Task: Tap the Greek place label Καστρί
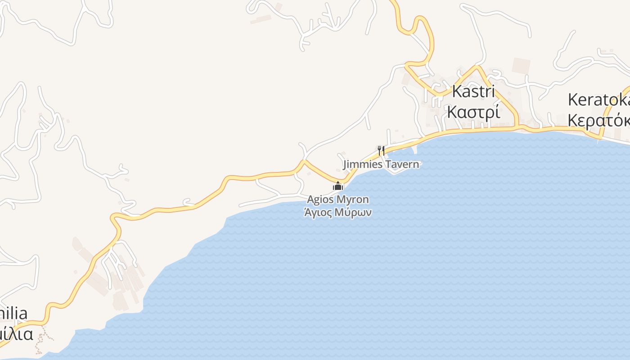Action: pyautogui.click(x=473, y=112)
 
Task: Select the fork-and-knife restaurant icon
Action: pyautogui.click(x=381, y=150)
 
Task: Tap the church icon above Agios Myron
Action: pyautogui.click(x=337, y=186)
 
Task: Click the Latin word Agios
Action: pyautogui.click(x=320, y=199)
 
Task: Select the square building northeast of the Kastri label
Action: pyautogui.click(x=521, y=66)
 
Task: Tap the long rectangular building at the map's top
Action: pyautogui.click(x=261, y=19)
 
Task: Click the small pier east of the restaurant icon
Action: pyautogui.click(x=414, y=148)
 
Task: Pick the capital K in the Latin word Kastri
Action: pyautogui.click(x=456, y=91)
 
